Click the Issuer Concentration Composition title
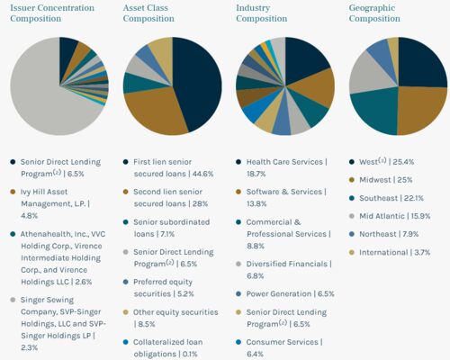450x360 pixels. [x=52, y=13]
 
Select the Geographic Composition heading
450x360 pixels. [x=374, y=13]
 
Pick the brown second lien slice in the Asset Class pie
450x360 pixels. [x=156, y=111]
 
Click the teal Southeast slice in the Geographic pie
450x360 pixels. [x=375, y=110]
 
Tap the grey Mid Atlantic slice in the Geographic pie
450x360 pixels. [x=369, y=74]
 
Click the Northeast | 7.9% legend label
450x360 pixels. [x=389, y=234]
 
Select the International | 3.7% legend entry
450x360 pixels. [x=394, y=252]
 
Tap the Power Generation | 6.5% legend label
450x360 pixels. [x=290, y=294]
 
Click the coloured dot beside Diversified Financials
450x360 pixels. [x=238, y=264]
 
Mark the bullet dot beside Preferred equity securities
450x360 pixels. [x=126, y=282]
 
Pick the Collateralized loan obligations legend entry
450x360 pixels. [x=168, y=348]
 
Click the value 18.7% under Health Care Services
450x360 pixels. [x=256, y=174]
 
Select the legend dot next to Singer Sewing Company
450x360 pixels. [x=13, y=300]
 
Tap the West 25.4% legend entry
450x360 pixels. [x=386, y=162]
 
